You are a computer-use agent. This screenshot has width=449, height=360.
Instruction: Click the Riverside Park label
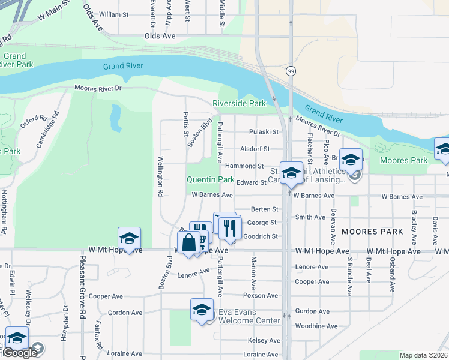[x=239, y=103]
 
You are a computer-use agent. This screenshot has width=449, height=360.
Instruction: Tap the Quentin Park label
[x=210, y=179]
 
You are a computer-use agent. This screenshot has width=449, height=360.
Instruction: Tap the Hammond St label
[x=252, y=166]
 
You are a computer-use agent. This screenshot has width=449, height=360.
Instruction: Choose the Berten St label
[x=265, y=209]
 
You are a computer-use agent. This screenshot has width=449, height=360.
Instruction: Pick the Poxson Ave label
[x=261, y=296]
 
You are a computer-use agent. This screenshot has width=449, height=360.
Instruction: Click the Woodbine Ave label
[x=316, y=326]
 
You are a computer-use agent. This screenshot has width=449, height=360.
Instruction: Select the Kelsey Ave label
[x=264, y=340]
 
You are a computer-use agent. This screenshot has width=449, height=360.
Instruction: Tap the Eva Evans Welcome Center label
[x=249, y=316]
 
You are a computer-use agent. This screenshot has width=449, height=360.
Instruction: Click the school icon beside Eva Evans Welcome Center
[x=202, y=310]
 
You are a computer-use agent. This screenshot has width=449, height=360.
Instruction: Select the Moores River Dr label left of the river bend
[x=98, y=88]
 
